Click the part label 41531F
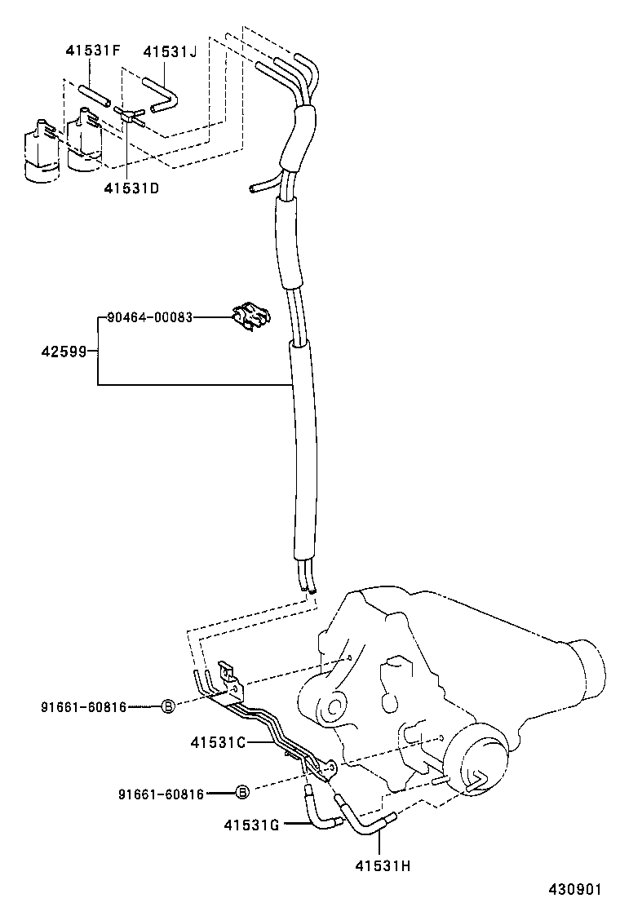pyautogui.click(x=93, y=51)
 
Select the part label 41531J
pyautogui.click(x=170, y=51)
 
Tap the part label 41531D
pyautogui.click(x=131, y=189)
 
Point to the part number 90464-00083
pyautogui.click(x=150, y=317)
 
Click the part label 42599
pyautogui.click(x=64, y=352)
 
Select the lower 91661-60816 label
pyautogui.click(x=160, y=793)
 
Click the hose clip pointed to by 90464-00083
pyautogui.click(x=250, y=317)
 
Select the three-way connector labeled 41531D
pyautogui.click(x=131, y=116)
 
